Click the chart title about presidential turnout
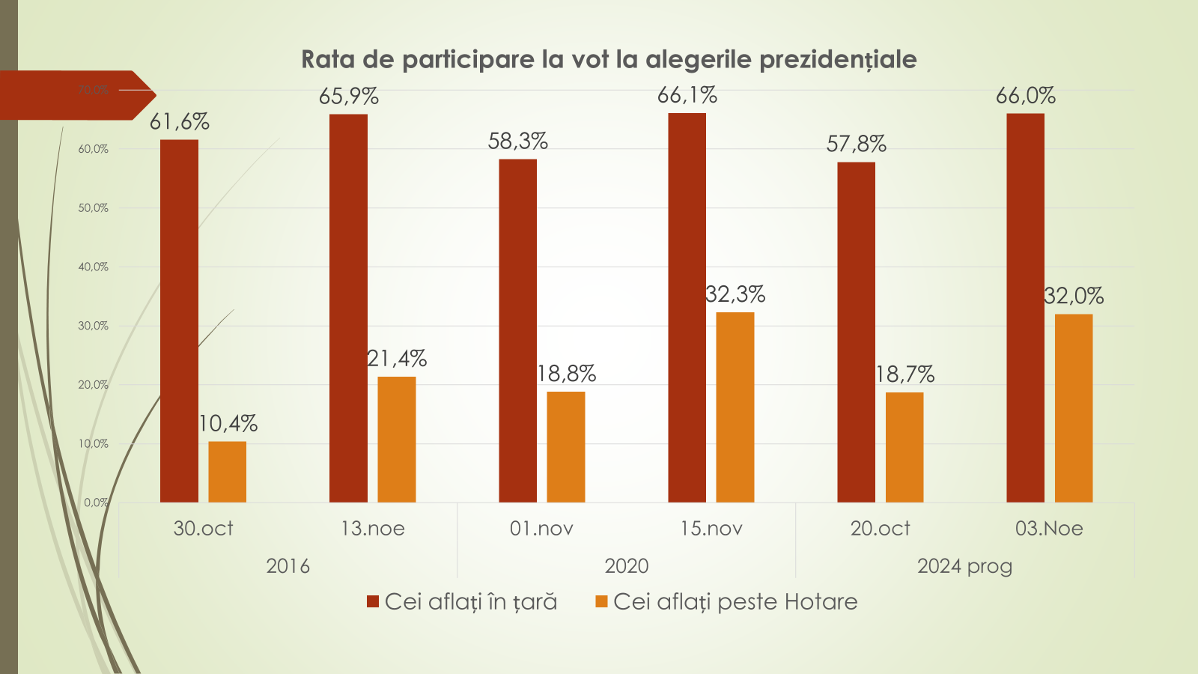point(609,59)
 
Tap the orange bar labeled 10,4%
point(227,472)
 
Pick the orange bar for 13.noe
point(396,439)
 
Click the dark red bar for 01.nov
point(517,330)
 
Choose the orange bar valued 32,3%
point(735,407)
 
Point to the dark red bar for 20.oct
point(856,332)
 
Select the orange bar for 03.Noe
point(1073,407)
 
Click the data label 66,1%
point(687,95)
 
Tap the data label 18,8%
point(567,373)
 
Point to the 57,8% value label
point(856,144)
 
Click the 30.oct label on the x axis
point(203,529)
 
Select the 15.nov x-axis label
point(711,529)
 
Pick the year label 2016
point(288,566)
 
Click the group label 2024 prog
point(964,566)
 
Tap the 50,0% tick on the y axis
point(94,208)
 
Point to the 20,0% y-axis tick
point(94,385)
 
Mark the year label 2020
point(626,566)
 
